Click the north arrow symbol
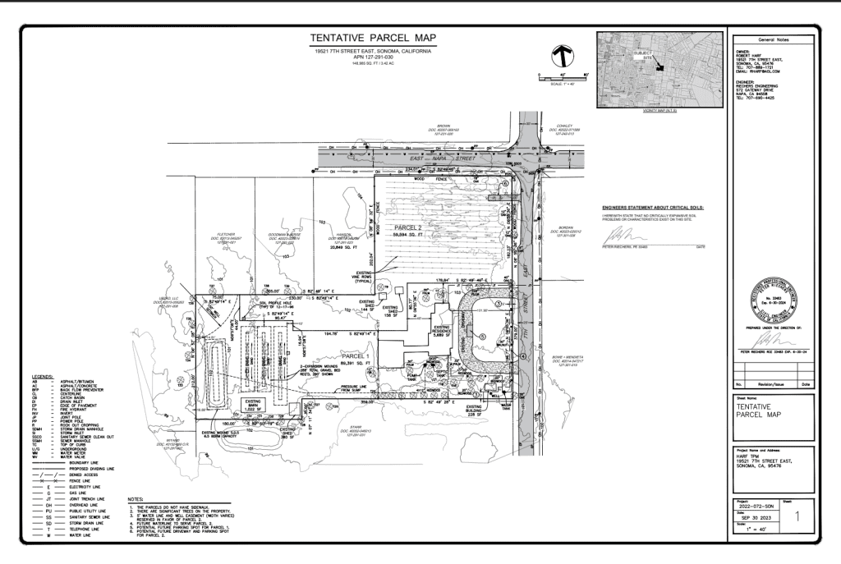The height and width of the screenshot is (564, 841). point(563,57)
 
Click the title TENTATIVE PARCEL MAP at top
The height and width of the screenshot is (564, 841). point(374,39)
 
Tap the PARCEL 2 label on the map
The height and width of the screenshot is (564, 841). point(407,227)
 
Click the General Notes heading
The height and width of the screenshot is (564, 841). point(771,39)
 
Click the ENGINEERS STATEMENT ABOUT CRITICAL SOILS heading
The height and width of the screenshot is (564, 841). point(653,209)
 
